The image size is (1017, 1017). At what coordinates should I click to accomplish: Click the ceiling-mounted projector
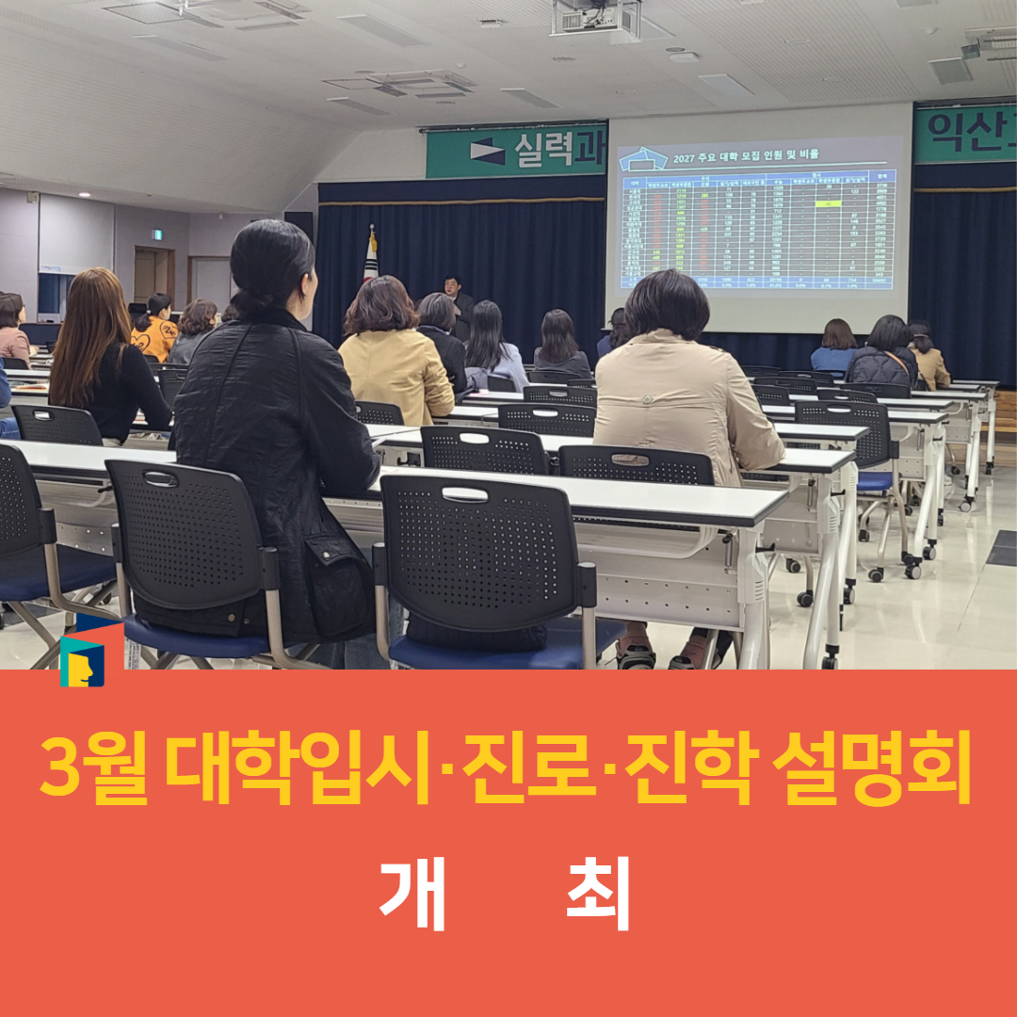click(x=596, y=18)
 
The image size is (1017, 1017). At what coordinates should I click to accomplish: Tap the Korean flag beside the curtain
click(x=370, y=254)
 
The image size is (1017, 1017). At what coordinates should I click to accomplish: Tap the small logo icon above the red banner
click(x=82, y=659)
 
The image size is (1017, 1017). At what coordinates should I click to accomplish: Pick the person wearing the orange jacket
click(x=154, y=330)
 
